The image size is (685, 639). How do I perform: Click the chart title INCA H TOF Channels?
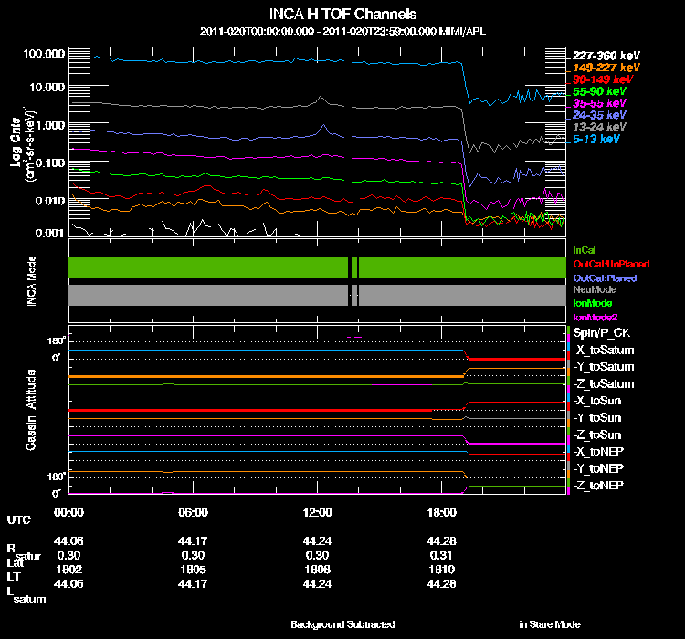coord(342,15)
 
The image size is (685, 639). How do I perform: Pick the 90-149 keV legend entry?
coord(598,79)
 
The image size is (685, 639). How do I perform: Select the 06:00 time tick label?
coord(193,512)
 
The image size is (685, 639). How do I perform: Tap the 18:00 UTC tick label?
coord(441,512)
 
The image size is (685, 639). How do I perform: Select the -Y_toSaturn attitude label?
coord(602,367)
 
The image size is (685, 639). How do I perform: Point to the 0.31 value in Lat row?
coord(441,554)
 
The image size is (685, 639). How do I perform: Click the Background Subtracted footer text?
coord(342,624)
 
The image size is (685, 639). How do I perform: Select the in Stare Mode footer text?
coord(549,624)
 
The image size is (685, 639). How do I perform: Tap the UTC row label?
coord(18,519)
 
